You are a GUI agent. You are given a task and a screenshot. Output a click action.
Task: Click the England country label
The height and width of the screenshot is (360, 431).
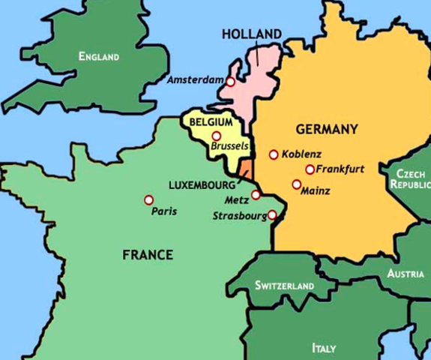click(99, 56)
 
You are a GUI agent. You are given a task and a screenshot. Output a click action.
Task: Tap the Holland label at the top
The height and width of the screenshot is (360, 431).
click(252, 34)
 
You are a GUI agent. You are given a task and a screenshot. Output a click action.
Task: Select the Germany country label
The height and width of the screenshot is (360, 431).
click(326, 129)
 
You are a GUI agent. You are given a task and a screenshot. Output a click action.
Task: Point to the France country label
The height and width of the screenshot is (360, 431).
click(148, 255)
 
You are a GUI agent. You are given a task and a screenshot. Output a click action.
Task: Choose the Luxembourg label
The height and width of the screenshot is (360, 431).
click(202, 184)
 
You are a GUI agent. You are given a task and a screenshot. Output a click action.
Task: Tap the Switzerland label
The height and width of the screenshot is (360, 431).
click(284, 286)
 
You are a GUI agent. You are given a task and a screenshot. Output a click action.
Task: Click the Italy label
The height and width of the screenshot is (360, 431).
click(324, 348)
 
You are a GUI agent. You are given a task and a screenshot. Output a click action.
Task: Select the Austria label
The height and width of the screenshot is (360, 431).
click(406, 274)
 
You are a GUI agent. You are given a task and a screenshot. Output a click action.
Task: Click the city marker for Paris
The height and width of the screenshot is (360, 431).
click(149, 199)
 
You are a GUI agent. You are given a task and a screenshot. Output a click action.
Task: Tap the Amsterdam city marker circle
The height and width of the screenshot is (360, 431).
click(231, 82)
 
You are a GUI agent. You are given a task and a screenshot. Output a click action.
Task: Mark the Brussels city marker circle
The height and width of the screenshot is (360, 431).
click(217, 136)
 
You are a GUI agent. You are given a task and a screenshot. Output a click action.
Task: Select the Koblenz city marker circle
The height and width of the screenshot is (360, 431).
click(274, 154)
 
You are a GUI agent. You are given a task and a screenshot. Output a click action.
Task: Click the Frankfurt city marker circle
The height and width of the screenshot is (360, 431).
click(310, 169)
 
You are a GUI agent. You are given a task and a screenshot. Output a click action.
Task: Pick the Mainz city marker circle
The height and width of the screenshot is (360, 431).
click(296, 184)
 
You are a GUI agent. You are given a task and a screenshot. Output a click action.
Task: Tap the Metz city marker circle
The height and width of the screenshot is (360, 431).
click(256, 195)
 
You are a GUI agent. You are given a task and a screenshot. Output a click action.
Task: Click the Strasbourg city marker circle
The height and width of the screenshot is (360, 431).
click(272, 215)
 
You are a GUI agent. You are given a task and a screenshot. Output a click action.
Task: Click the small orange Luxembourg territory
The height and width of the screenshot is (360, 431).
click(245, 168)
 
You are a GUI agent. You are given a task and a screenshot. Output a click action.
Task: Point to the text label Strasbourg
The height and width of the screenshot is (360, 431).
click(239, 216)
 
